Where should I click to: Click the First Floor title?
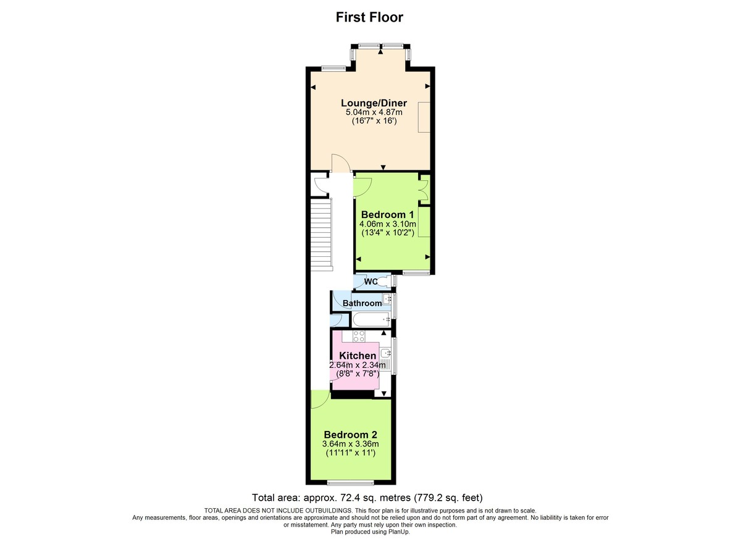369,17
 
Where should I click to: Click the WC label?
371,282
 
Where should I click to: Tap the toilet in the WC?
385,282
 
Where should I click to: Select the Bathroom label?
362,303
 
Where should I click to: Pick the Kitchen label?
358,356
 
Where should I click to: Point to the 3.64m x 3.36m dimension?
350,443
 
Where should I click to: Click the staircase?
320,235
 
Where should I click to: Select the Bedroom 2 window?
350,482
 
